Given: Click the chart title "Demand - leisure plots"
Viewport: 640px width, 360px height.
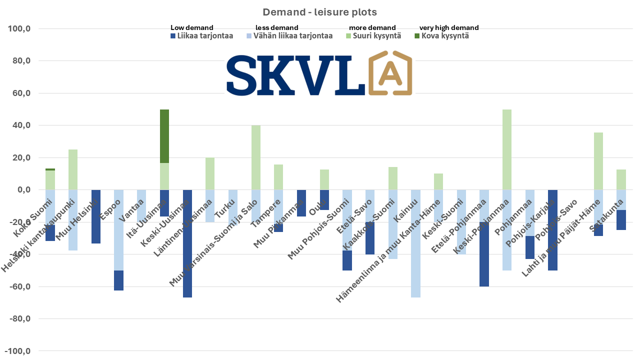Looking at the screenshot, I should click(320, 11).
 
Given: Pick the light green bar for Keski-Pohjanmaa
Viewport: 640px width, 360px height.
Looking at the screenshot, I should click(506, 149).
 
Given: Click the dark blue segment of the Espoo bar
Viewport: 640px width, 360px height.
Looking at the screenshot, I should click(119, 280).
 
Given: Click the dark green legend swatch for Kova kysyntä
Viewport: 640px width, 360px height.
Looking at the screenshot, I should click(417, 36).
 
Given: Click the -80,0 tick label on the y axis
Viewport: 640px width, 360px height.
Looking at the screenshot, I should click(19, 319).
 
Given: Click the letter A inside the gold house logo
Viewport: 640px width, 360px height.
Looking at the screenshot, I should click(390, 74).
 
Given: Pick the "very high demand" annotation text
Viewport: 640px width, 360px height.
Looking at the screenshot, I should click(448, 28).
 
